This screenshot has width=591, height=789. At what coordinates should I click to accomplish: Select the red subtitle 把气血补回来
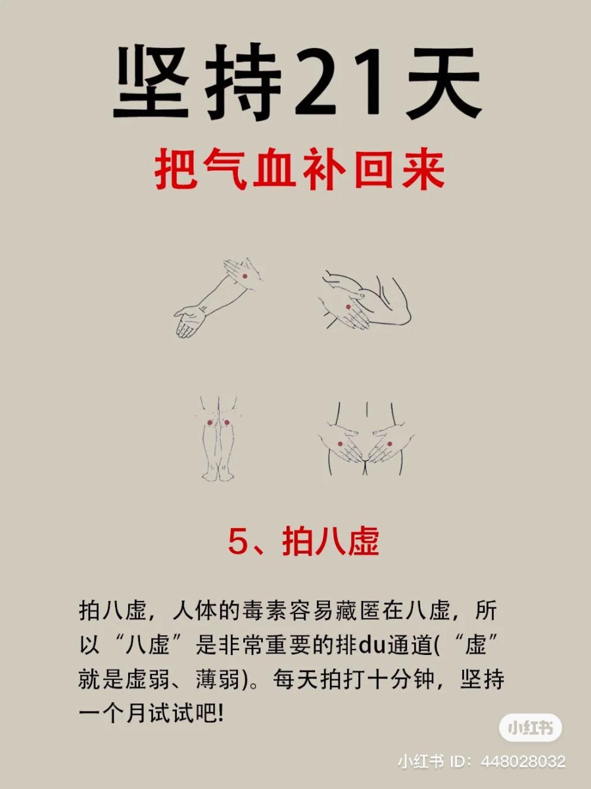click(300, 170)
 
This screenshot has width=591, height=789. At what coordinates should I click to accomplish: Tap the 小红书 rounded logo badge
click(531, 728)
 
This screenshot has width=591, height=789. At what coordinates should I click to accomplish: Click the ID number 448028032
click(523, 761)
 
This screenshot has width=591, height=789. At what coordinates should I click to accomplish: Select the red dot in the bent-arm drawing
click(348, 307)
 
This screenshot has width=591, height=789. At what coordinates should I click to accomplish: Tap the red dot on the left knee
click(210, 422)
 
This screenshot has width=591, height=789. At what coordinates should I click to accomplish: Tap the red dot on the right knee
click(227, 422)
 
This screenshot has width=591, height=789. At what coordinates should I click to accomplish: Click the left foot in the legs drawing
click(209, 473)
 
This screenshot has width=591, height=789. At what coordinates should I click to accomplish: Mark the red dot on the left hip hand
click(340, 444)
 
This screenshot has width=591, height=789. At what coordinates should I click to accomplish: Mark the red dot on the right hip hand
click(389, 444)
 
